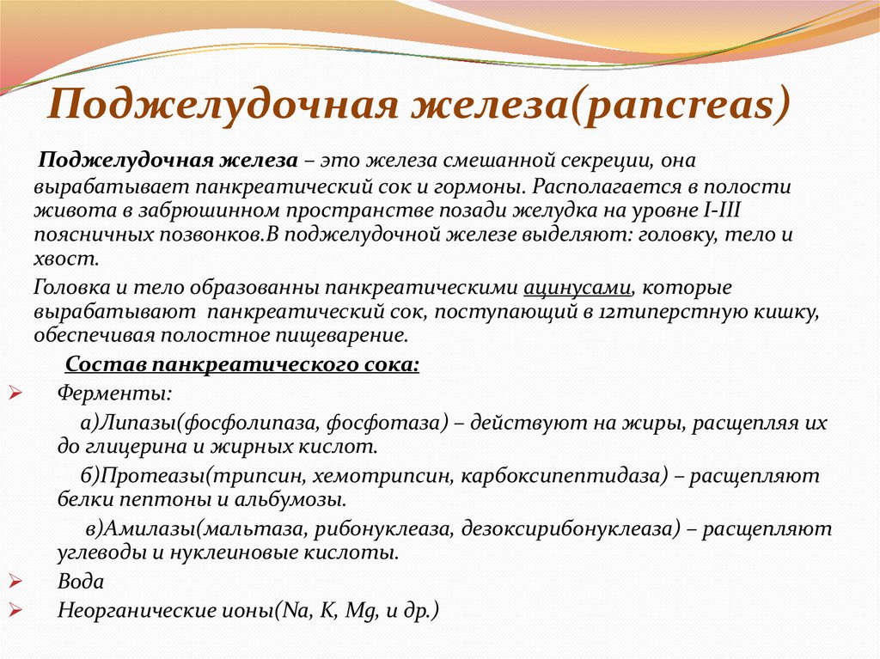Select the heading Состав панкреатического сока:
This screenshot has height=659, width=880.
(242, 364)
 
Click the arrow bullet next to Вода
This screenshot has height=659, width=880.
(15, 583)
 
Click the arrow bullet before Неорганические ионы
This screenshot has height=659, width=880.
(15, 611)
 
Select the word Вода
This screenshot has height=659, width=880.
(80, 583)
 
